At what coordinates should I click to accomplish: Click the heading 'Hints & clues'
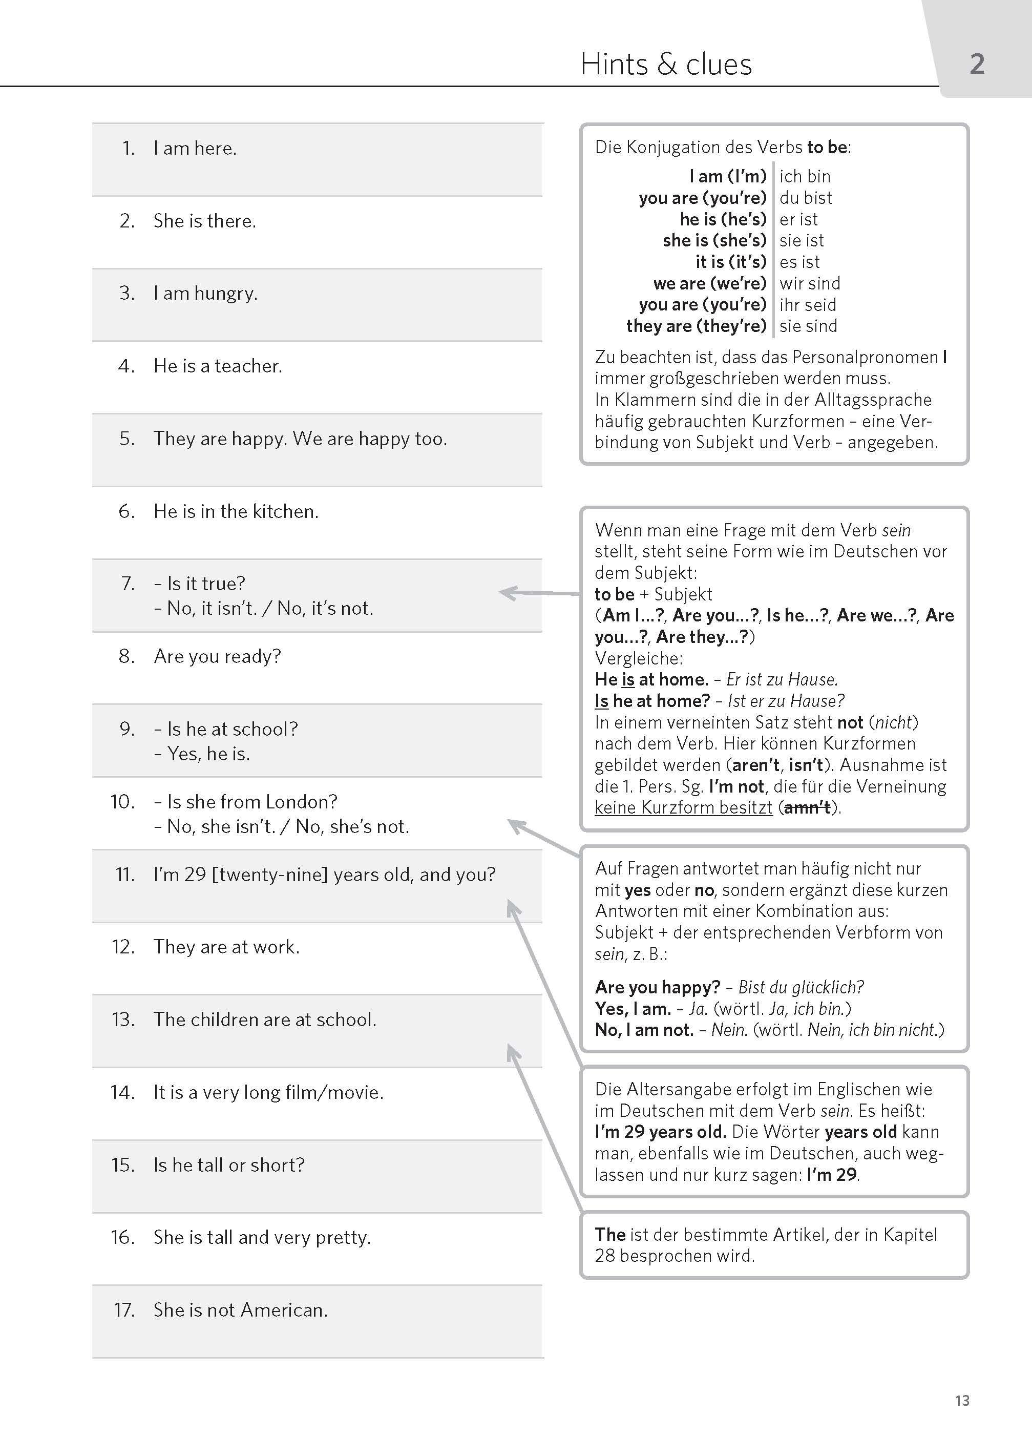666,64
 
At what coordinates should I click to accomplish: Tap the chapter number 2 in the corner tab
977,64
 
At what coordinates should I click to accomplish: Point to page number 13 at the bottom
962,1400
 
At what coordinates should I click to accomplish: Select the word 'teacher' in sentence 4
247,366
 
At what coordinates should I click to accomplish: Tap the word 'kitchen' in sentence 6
284,512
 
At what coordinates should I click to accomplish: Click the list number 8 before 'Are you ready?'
127,656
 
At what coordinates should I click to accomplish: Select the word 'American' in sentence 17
283,1310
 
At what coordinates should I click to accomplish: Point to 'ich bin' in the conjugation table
805,176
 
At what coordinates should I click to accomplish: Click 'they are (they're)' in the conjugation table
696,326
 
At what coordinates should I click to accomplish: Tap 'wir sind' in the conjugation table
810,283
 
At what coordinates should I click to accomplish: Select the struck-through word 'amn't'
807,808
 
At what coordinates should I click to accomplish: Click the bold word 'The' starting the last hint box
610,1234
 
